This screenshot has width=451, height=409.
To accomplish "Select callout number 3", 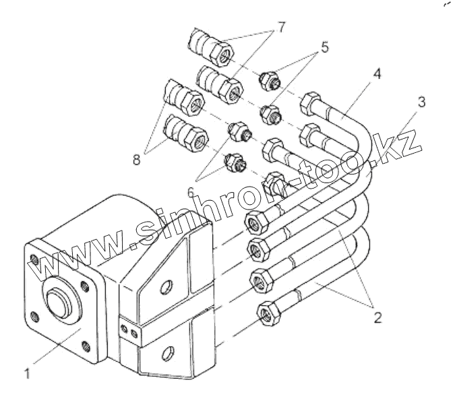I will point(421,103).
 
